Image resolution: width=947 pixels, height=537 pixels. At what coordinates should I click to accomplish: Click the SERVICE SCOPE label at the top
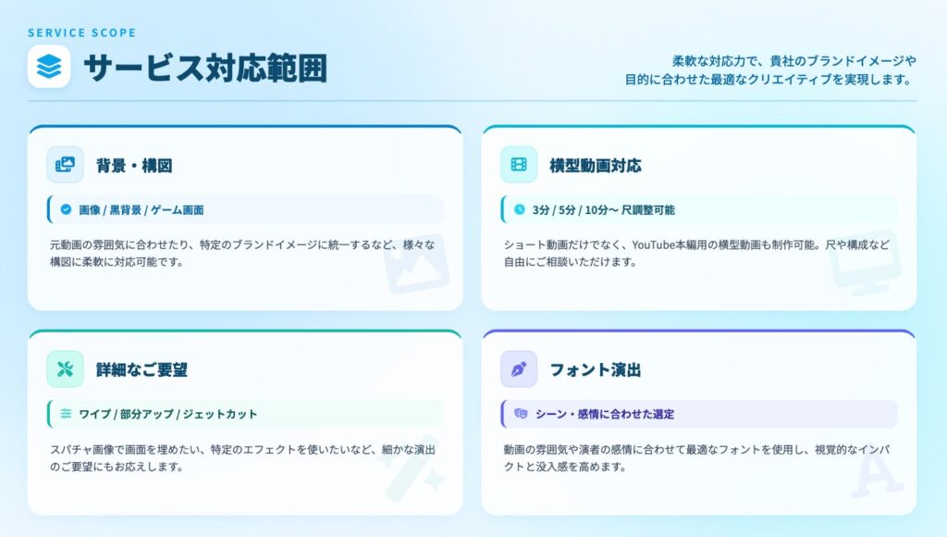pos(81,33)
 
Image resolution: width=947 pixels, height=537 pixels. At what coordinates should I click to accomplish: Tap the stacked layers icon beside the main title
pos(49,67)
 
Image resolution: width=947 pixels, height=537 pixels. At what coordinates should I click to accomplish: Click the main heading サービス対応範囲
pos(205,68)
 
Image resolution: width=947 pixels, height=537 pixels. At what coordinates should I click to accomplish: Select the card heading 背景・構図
pos(134,166)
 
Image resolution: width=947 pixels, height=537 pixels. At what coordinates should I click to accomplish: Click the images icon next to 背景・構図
pos(65,165)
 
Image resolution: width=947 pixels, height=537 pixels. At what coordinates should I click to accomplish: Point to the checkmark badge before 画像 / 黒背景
pos(66,209)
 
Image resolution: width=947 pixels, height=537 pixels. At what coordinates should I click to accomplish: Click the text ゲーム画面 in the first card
pos(178,210)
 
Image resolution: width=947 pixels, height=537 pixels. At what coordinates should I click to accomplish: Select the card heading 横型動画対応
pos(595,166)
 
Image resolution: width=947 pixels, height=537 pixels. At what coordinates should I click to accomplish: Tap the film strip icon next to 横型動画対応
pos(519,165)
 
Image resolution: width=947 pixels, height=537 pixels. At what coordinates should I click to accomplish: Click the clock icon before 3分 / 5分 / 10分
pos(520,209)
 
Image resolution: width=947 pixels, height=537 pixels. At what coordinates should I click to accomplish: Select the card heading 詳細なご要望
pos(141,369)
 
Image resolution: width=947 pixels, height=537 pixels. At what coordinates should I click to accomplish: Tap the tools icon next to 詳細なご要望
pos(65,369)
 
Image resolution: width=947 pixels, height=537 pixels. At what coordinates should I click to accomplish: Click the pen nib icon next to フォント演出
pos(519,369)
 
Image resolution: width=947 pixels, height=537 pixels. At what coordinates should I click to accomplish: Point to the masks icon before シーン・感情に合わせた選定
pos(521,414)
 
